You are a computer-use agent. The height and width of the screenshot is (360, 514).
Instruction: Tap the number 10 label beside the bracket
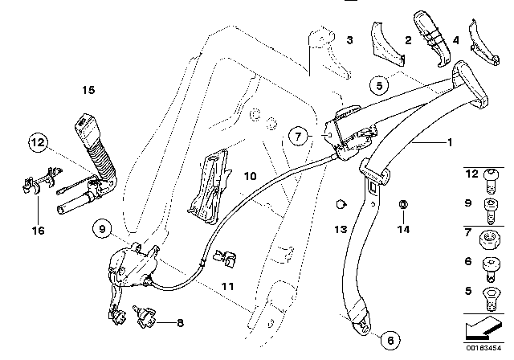250,175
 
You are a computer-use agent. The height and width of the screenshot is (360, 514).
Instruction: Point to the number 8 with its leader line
178,324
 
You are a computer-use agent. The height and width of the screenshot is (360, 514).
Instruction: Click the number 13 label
341,229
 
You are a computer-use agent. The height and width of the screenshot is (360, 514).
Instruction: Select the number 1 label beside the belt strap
450,142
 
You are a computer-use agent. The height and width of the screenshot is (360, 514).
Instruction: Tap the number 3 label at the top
349,39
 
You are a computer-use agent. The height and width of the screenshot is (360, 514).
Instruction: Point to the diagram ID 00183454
484,350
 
